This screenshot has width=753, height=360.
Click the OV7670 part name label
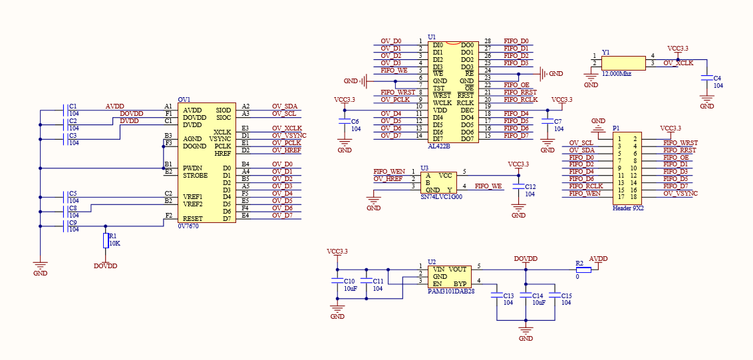click(188, 226)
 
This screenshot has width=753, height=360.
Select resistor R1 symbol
click(105, 240)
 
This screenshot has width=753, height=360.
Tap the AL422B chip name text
click(438, 146)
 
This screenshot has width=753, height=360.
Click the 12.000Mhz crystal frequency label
click(616, 74)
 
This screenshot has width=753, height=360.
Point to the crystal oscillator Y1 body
click(623, 63)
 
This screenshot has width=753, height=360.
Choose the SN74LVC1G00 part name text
click(442, 197)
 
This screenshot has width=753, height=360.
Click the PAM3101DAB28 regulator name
click(451, 291)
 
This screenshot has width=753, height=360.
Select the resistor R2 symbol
click(579, 269)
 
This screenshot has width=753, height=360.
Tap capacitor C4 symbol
click(706, 79)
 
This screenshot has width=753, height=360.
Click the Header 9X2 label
click(628, 208)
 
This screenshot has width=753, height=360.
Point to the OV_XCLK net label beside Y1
click(678, 63)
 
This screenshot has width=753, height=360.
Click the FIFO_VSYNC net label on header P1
click(680, 194)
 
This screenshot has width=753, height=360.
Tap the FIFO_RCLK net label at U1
click(520, 100)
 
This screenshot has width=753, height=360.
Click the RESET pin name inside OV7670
click(192, 218)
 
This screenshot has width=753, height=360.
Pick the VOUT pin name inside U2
click(458, 270)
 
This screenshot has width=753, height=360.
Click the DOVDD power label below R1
click(105, 266)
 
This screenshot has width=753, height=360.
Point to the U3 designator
click(424, 169)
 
